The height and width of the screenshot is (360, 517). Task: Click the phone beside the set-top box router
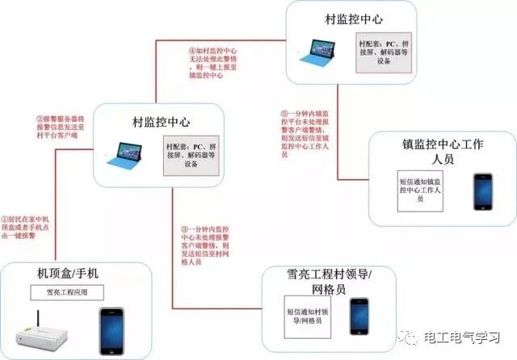(x=111, y=329)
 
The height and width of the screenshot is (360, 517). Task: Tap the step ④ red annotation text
(x=215, y=62)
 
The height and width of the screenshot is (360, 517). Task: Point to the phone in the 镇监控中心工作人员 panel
(x=483, y=191)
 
